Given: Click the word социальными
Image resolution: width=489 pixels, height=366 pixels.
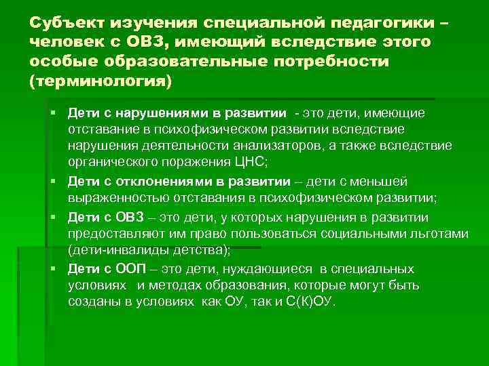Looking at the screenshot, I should click(363, 233).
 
